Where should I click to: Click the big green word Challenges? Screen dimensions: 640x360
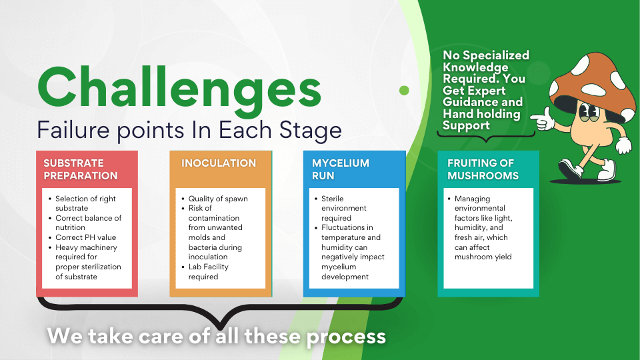click(x=179, y=90)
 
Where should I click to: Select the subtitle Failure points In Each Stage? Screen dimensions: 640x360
click(x=189, y=130)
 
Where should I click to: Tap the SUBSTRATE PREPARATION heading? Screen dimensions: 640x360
click(x=81, y=169)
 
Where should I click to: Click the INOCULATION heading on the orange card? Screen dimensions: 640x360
click(x=219, y=163)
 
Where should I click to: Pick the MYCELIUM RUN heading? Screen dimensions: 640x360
click(x=341, y=169)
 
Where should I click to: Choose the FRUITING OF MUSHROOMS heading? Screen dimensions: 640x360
click(x=483, y=169)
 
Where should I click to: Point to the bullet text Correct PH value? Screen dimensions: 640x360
click(x=86, y=237)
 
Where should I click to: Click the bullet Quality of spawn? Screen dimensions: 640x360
click(x=218, y=199)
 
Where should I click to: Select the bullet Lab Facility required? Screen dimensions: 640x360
click(x=208, y=271)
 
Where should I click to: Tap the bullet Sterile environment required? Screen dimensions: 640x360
click(x=344, y=208)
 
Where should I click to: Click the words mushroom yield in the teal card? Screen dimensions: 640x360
click(x=483, y=257)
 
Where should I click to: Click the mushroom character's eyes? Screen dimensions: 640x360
click(x=589, y=111)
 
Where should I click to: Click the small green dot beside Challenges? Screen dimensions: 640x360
click(x=404, y=90)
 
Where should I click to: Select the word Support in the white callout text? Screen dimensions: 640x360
click(x=466, y=125)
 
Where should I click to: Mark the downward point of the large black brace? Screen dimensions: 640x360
click(x=220, y=328)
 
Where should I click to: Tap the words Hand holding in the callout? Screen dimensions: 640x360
click(x=481, y=113)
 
